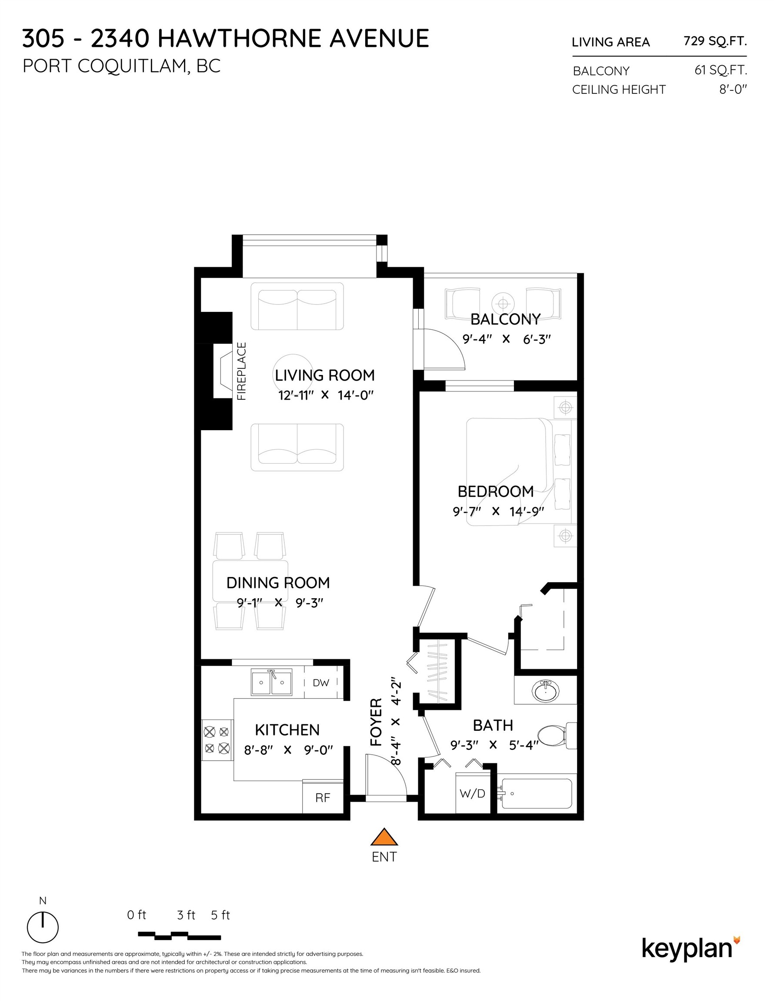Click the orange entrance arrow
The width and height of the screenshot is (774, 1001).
pos(384,837)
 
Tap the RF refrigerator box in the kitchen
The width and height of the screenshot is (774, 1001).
pos(323,798)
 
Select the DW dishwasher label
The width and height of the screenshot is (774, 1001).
pos(321,683)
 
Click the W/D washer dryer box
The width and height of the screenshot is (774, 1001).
pos(473,793)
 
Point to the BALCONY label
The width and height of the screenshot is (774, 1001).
pos(505,319)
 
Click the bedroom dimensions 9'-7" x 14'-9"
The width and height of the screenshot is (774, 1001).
pos(498,511)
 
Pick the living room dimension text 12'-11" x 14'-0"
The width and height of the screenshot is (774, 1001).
pos(326,395)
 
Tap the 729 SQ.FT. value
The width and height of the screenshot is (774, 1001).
pos(715,41)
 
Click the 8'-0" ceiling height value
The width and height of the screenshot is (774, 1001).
pos(733,89)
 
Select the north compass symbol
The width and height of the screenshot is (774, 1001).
pos(43,927)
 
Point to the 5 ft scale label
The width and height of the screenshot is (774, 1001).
pos(220,915)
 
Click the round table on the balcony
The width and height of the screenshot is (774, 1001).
pos(503,303)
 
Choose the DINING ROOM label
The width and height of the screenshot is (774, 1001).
pos(278,583)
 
